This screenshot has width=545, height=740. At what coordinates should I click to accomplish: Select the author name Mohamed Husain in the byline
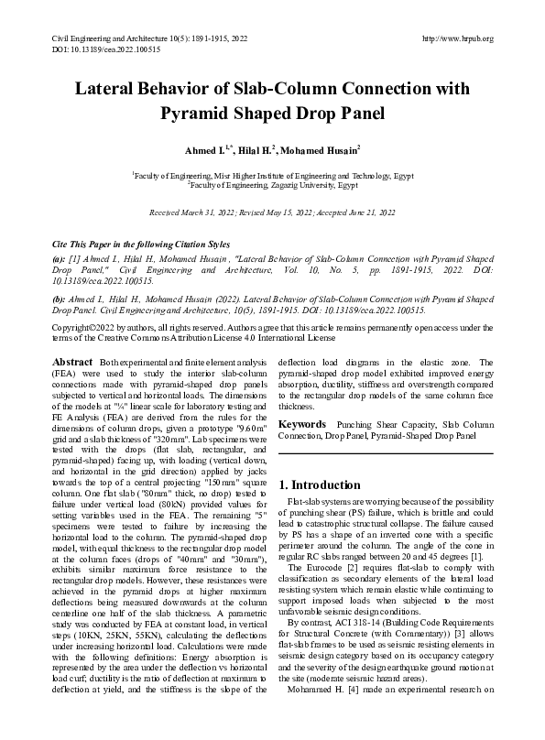[x=319, y=148]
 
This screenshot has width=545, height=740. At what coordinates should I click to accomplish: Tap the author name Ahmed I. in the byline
[x=207, y=148]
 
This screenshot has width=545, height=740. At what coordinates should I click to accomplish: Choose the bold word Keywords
[x=304, y=425]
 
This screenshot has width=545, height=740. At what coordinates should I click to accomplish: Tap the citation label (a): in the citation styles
[x=60, y=259]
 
